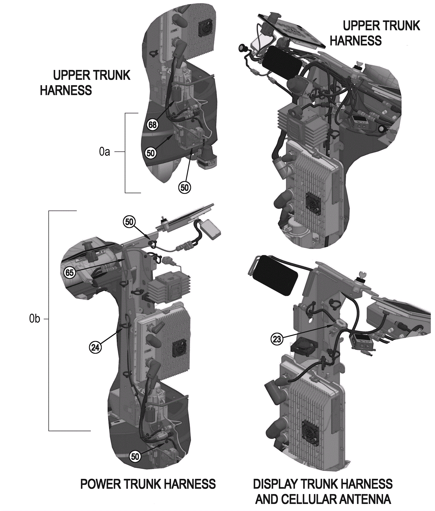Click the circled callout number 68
(x=153, y=125)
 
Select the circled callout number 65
(x=69, y=272)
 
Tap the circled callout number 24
(x=95, y=347)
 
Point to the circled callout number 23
(x=277, y=339)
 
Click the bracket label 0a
(x=105, y=152)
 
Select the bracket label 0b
(x=35, y=319)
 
